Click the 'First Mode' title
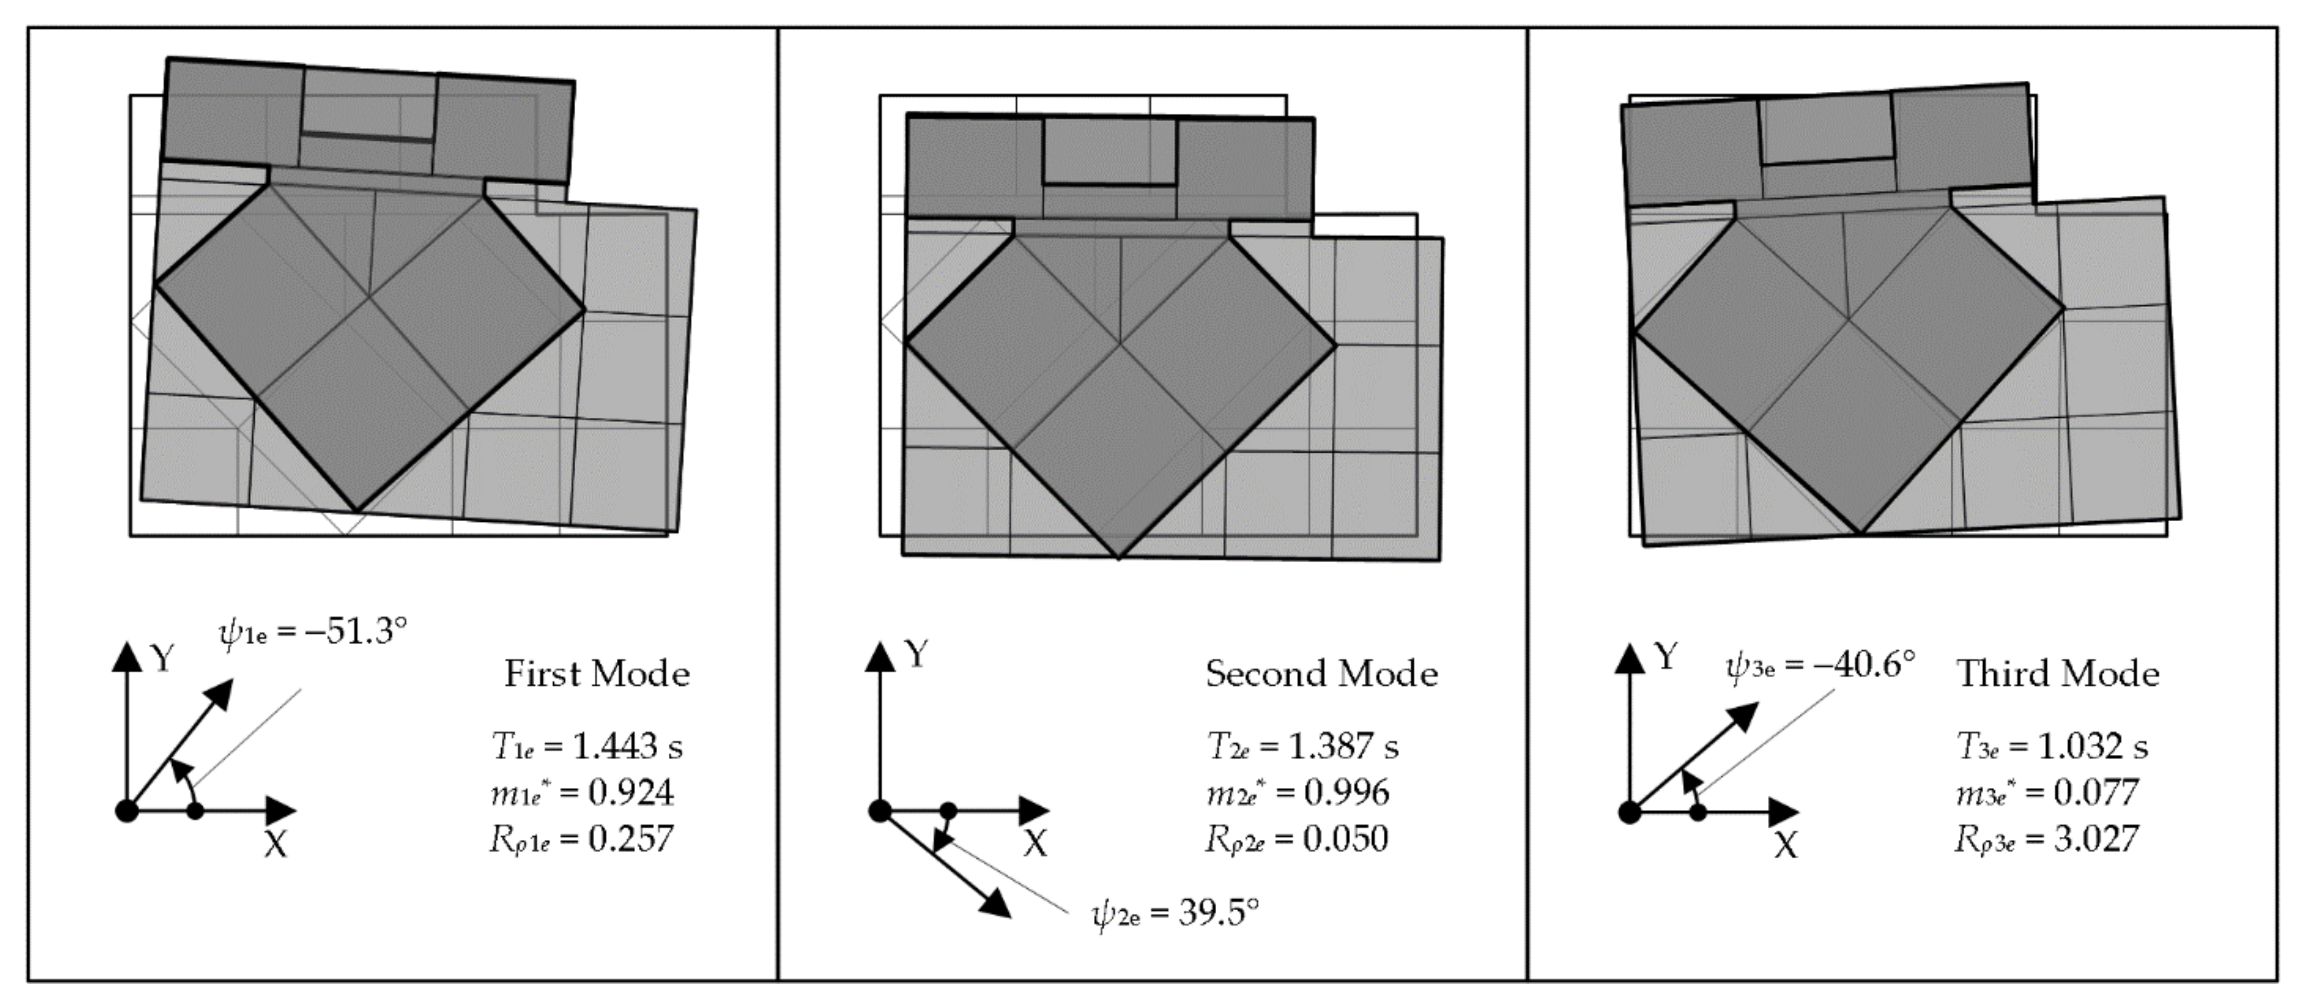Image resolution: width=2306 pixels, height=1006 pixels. [597, 674]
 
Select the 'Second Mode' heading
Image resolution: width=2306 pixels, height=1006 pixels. [1321, 674]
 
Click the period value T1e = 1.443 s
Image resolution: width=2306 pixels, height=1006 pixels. [586, 746]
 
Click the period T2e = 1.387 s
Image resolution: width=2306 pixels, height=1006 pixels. [1302, 746]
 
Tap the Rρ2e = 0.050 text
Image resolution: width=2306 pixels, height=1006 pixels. [1297, 840]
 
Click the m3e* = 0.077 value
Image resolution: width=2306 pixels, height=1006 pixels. [2046, 793]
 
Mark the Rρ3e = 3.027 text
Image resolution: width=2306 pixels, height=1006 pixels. [2046, 840]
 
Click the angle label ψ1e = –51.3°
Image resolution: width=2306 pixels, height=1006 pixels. [314, 632]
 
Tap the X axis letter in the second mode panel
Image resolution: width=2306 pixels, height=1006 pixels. [1035, 843]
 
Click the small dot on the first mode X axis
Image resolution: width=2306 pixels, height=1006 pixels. [196, 811]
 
